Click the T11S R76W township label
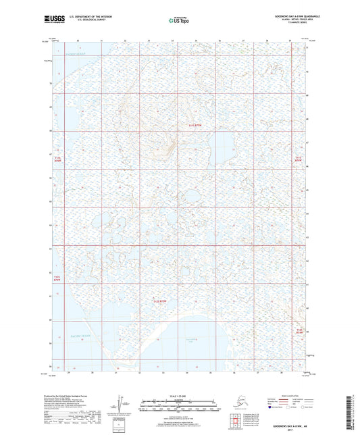tap(57, 159)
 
